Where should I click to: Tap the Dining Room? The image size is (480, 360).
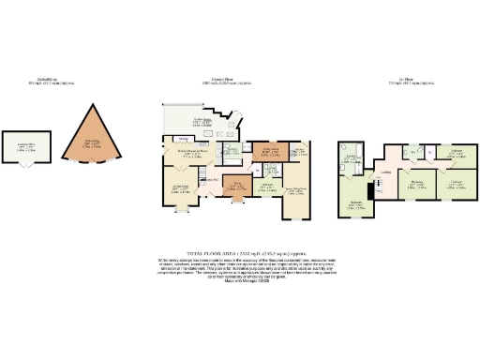179,190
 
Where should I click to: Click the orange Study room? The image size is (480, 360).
238,185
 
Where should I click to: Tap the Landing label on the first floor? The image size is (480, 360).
384,172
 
